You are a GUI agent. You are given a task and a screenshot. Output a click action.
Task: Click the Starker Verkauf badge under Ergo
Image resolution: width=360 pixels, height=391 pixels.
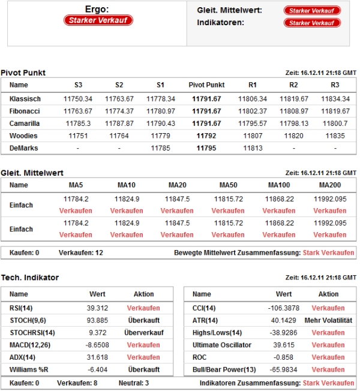(98, 20)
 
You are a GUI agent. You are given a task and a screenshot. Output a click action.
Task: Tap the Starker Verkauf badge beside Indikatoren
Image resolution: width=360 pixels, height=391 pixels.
(312, 23)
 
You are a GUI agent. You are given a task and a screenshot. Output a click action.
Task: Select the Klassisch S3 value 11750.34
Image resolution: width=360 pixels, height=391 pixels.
(78, 98)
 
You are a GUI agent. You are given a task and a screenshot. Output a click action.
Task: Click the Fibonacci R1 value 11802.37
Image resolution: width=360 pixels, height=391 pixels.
(252, 111)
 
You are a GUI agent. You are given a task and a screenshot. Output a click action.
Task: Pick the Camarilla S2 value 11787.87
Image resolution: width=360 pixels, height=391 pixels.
(119, 124)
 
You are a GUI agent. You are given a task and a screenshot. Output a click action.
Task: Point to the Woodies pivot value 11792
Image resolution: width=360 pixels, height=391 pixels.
(206, 136)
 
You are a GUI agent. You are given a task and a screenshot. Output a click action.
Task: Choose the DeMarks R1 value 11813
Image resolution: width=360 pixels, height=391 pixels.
(252, 148)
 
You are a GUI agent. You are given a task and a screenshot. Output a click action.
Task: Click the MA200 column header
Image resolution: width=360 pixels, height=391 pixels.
(329, 185)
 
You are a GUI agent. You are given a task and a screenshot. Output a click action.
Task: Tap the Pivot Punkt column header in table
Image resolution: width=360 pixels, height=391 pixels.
(206, 85)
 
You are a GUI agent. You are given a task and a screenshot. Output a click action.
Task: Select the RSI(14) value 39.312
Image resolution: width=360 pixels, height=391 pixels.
(97, 307)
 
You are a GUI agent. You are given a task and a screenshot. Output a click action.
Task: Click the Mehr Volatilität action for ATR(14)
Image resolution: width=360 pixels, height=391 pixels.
(328, 320)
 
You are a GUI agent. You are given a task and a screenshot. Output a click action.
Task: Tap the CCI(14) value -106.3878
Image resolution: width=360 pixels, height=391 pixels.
(284, 307)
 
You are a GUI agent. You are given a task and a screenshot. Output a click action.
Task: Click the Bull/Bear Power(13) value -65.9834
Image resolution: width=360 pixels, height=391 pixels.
(284, 369)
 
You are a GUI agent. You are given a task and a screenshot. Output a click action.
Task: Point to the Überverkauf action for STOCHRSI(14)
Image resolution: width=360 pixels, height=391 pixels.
(143, 332)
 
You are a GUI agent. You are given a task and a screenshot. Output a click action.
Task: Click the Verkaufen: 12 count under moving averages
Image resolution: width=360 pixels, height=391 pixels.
(81, 253)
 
